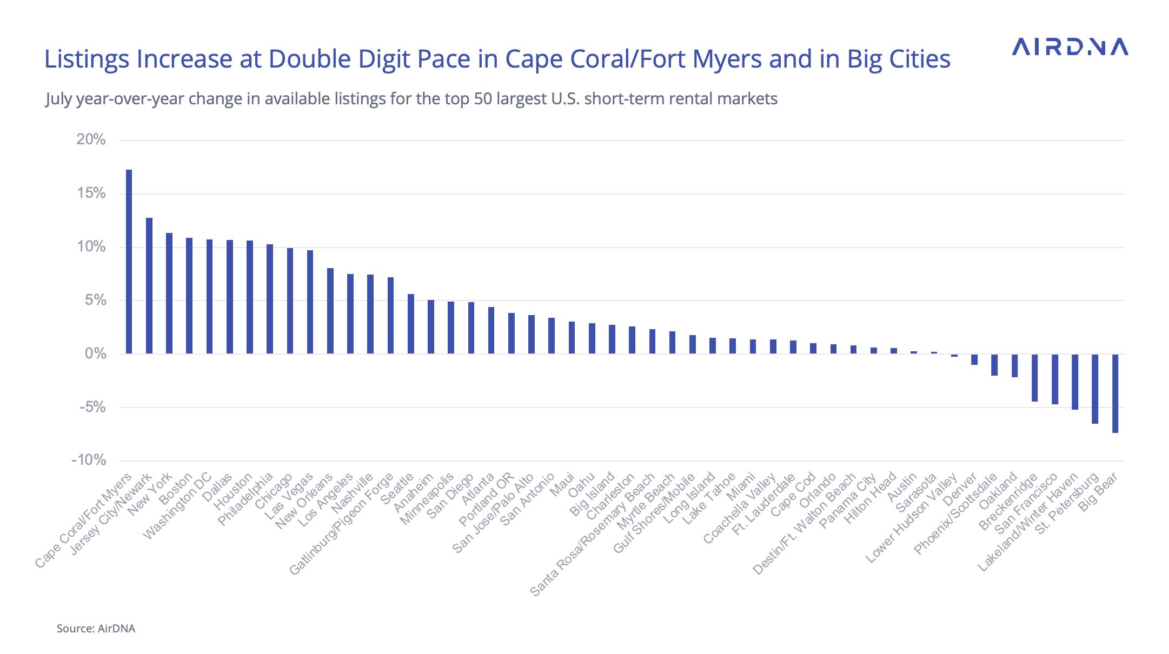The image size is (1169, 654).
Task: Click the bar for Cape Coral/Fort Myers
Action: click(129, 262)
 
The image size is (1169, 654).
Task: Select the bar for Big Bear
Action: click(1115, 393)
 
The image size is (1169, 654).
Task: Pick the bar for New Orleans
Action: click(330, 311)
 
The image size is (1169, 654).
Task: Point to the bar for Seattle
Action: click(411, 324)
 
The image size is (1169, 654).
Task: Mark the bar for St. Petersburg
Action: click(1095, 389)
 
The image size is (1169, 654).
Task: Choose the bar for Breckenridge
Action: click(1034, 378)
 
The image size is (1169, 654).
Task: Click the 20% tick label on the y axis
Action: click(91, 139)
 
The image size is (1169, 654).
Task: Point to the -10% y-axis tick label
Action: click(89, 460)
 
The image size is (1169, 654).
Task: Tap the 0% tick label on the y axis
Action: click(95, 353)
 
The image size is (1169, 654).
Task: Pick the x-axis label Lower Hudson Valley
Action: click(912, 519)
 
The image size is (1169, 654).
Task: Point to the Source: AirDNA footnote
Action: click(96, 629)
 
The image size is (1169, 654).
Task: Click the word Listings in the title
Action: click(87, 59)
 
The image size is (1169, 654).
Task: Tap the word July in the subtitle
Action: click(58, 99)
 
